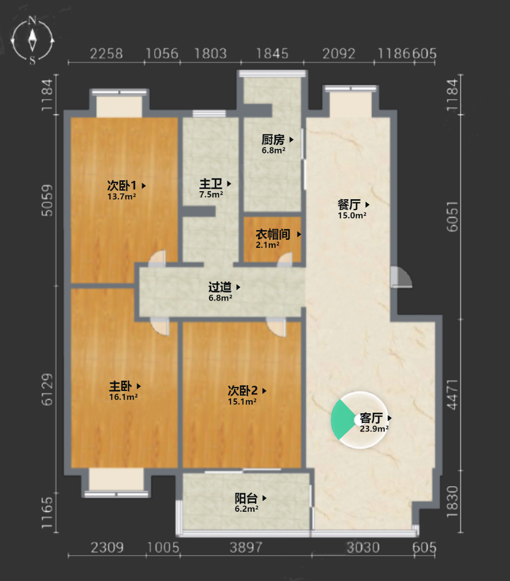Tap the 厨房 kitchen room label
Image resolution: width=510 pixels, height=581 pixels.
point(273,140)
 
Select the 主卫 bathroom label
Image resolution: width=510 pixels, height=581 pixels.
point(211,183)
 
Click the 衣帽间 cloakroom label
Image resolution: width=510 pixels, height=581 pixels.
point(273,234)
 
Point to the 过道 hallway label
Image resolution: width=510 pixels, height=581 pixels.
point(220,287)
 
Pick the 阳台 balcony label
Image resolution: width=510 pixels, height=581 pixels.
point(246,498)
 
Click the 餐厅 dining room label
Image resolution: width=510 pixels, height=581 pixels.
point(349,204)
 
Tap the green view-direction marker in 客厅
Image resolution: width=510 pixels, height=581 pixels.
point(342,420)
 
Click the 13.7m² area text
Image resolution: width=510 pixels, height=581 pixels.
point(121,196)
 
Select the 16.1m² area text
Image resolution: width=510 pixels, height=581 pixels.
point(124,397)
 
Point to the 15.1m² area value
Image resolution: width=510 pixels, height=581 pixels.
point(242,401)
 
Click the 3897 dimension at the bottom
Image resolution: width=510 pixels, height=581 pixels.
point(246,547)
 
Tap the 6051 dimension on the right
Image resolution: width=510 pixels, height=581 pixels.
point(453,217)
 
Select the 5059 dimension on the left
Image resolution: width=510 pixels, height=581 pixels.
point(47,200)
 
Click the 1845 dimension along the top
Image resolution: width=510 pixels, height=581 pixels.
point(272,54)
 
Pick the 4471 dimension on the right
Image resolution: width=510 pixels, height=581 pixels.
point(453,394)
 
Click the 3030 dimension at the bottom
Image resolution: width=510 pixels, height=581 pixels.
point(363,547)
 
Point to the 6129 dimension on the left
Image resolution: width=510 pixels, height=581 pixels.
point(47,389)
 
